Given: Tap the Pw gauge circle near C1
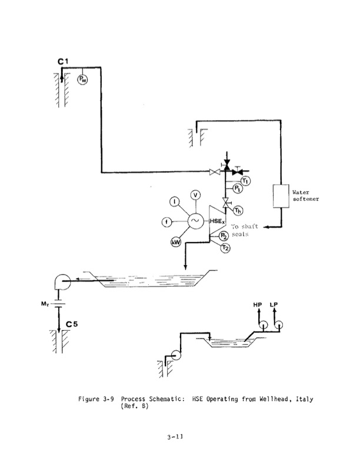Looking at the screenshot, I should (82, 79).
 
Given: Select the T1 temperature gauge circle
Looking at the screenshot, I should (245, 180).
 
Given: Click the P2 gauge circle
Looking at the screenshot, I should (224, 237).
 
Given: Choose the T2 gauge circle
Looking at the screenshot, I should (225, 248).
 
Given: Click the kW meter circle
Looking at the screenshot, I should (176, 240).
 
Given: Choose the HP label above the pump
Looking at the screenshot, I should (257, 305).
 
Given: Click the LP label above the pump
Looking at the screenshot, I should (274, 305).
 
